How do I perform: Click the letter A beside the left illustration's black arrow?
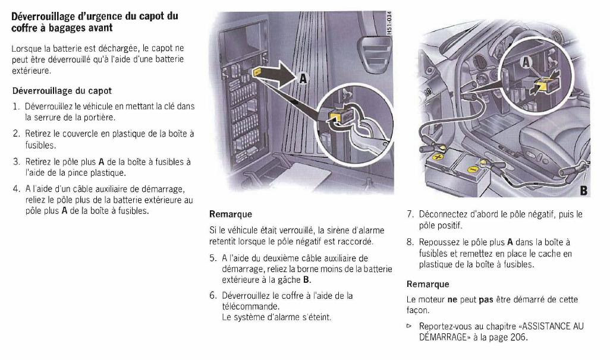[x=303, y=78]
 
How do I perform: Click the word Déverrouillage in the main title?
[x=44, y=16]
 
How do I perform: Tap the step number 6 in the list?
[x=212, y=295]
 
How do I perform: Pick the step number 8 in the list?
[x=410, y=242]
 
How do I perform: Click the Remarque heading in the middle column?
[x=230, y=214]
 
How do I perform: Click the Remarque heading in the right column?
[x=427, y=285]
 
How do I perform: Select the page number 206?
[x=518, y=337]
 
